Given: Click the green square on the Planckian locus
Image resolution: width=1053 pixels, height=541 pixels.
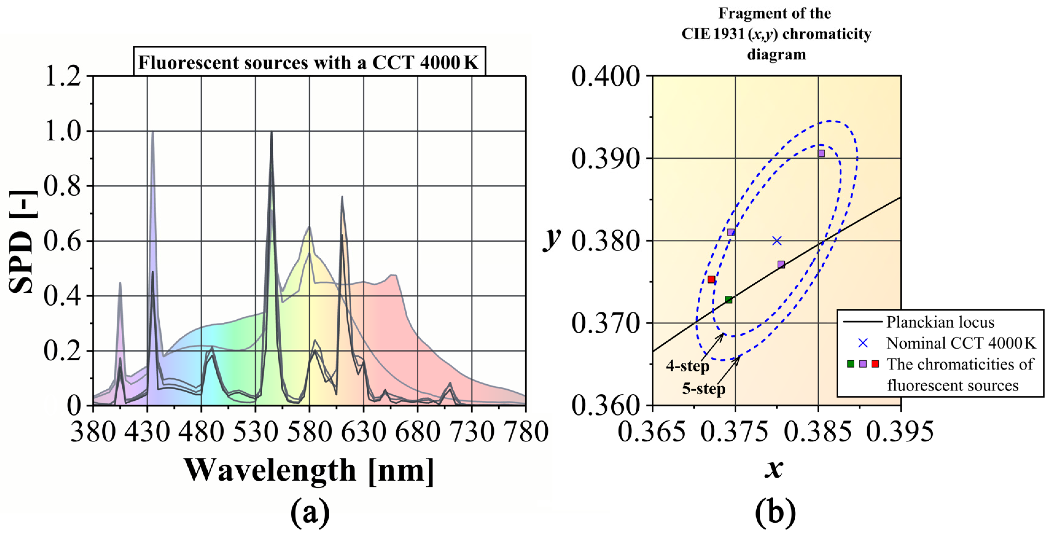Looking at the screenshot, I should (728, 300).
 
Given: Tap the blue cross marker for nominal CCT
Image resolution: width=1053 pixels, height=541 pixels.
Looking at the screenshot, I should (777, 241).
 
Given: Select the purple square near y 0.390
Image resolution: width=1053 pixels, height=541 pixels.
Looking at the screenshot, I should (821, 153).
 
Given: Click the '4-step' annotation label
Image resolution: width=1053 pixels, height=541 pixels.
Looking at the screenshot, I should (688, 366).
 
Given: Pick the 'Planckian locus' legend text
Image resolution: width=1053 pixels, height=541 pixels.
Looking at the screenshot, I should (940, 322).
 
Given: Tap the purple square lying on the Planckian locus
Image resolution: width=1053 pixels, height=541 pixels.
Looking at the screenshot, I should (781, 264).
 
